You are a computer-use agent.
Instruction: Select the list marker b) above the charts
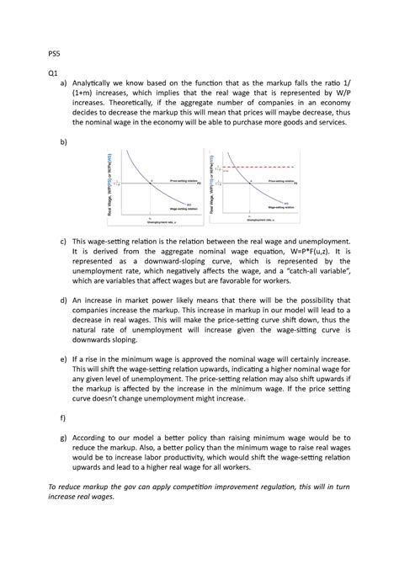coord(63,142)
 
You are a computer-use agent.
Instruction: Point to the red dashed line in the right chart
coord(253,168)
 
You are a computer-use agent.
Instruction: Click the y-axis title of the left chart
coord(109,185)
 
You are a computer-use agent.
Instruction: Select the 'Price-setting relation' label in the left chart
coord(183,179)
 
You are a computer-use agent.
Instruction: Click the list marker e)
coord(63,359)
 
